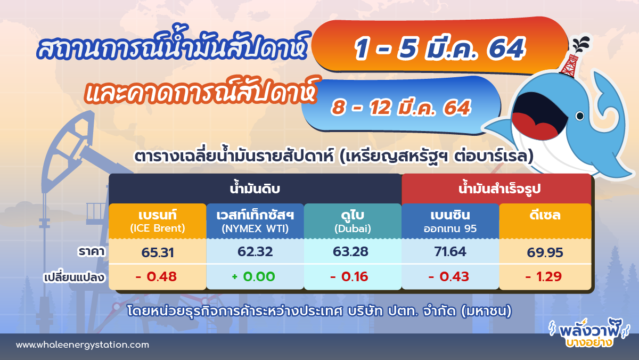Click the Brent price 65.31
coord(157,252)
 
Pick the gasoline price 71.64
coord(449,252)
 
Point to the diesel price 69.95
coord(544,252)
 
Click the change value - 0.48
coord(155,277)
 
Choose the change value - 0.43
coord(449,277)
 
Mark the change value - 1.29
coord(544,277)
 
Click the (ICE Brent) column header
coord(157,229)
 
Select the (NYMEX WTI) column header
coord(255,229)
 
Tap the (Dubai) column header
coord(352,229)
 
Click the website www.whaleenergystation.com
coord(82,345)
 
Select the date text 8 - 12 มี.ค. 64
coord(400,107)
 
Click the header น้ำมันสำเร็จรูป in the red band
coord(496,189)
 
